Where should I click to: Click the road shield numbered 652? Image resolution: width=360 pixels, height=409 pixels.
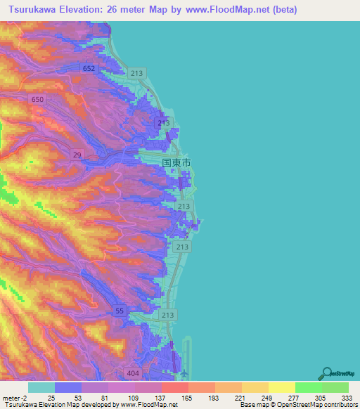coord(89,68)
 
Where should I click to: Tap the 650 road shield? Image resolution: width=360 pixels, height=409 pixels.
coord(37,100)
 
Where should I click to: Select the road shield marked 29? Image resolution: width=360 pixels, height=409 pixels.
coord(75,154)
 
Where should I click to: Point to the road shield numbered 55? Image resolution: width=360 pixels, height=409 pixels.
coord(120,311)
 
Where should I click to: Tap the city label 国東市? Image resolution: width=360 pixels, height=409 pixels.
coord(176,162)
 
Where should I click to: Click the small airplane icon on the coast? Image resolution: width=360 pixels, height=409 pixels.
coord(184,373)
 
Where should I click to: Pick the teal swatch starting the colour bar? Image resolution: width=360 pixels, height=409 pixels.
coord(41,387)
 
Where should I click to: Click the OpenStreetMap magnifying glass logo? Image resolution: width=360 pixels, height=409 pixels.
coord(326,372)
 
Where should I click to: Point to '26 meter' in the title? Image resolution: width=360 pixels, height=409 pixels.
coord(137,9)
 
